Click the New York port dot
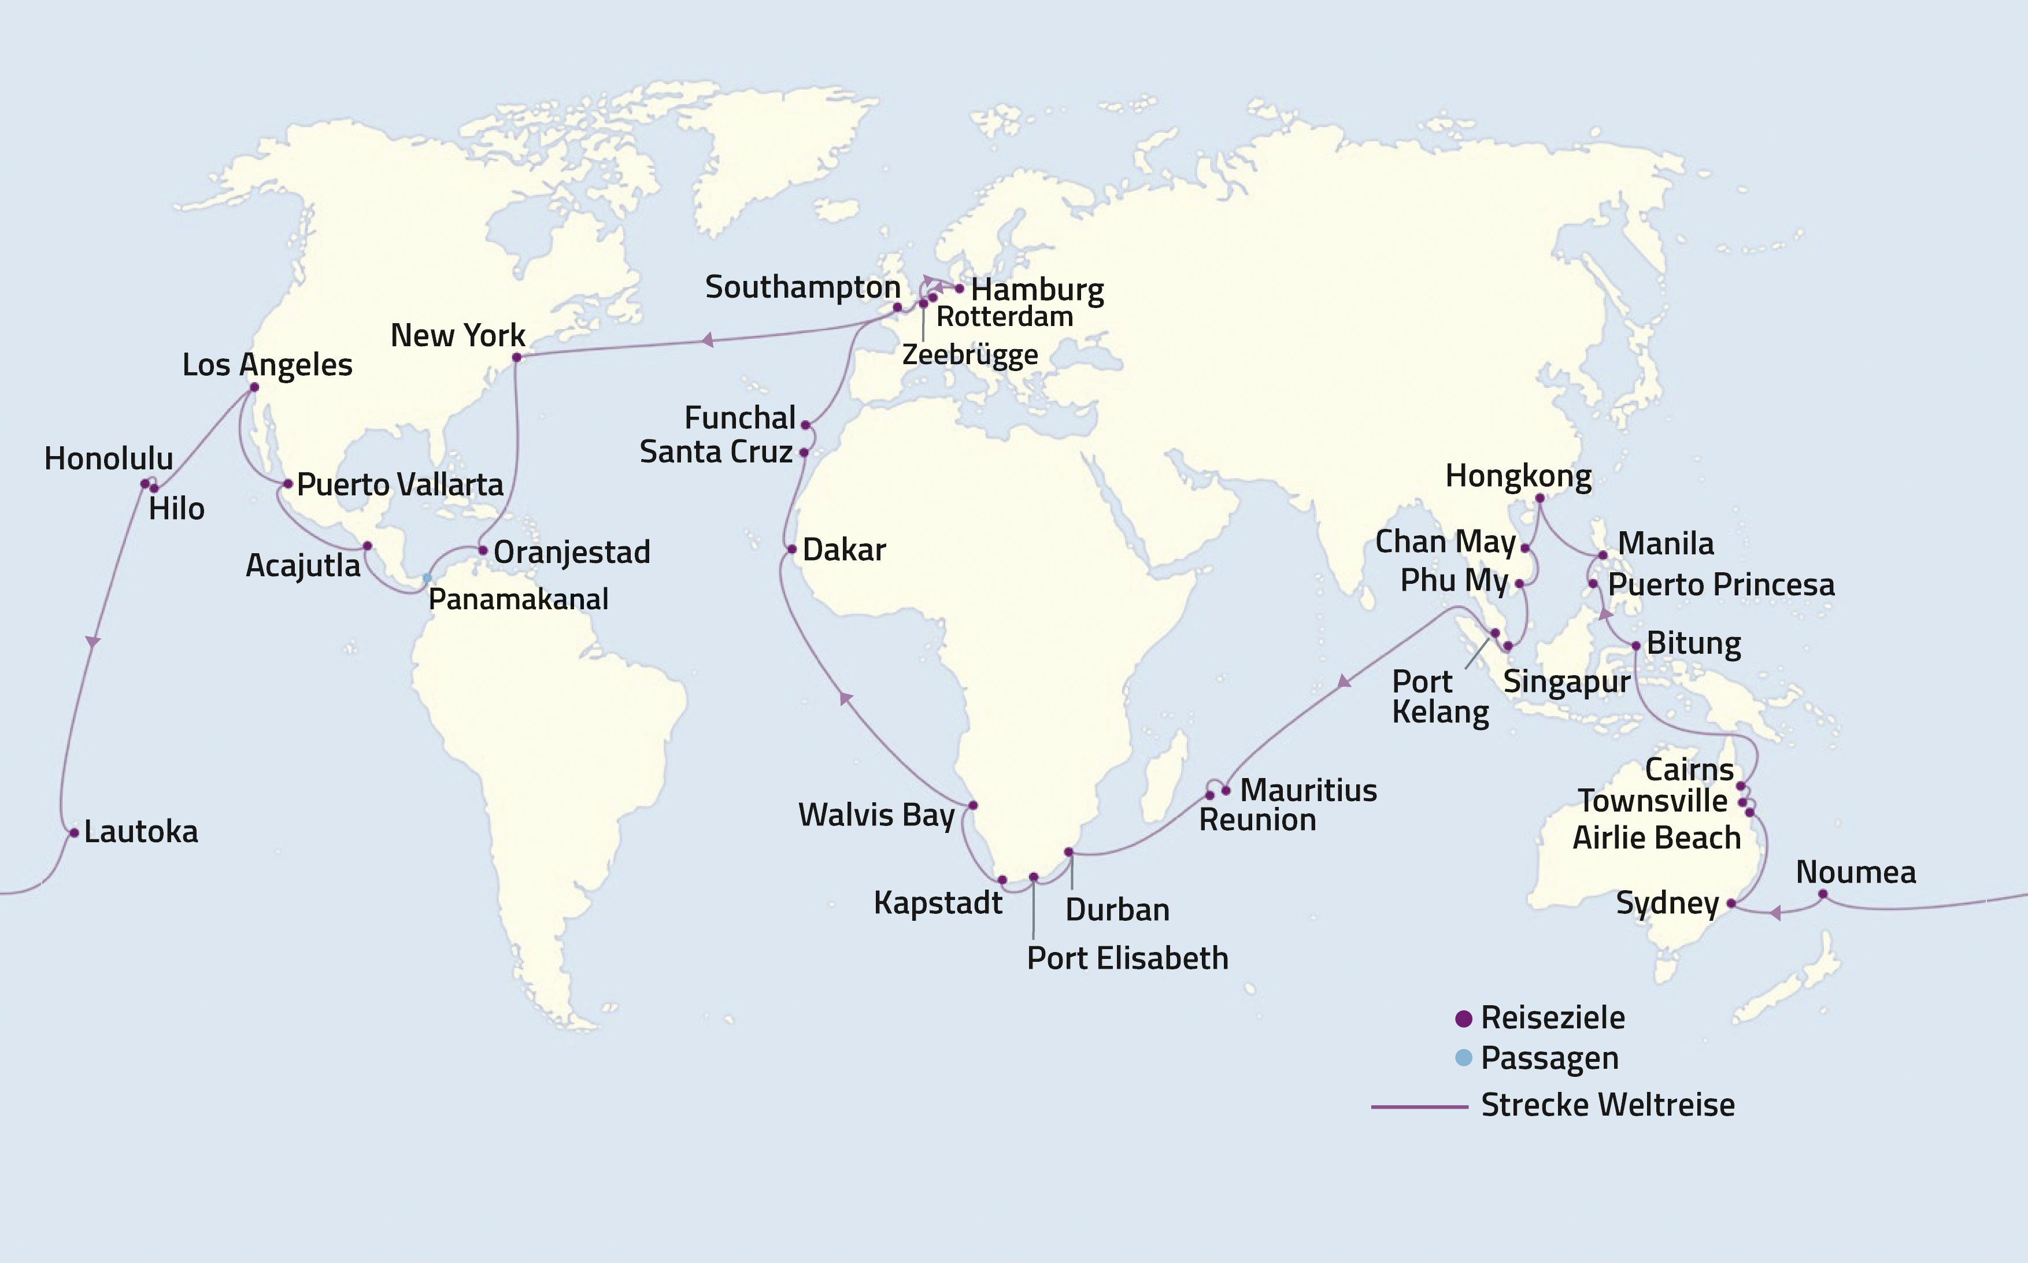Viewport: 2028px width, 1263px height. [x=516, y=358]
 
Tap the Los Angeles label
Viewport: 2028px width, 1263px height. [x=267, y=365]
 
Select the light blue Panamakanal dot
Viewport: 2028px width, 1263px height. [x=427, y=578]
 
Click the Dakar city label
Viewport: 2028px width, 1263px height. [x=843, y=550]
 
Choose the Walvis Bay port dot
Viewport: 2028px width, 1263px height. [x=972, y=805]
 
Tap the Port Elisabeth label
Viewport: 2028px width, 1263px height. [x=1127, y=958]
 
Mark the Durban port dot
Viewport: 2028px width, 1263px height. [x=1068, y=852]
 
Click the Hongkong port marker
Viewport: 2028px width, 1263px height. [x=1539, y=498]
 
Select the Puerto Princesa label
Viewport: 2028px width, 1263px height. [x=1720, y=585]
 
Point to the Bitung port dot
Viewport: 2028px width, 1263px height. [x=1635, y=646]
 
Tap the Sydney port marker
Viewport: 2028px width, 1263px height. [x=1731, y=903]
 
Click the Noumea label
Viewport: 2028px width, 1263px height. [x=1856, y=872]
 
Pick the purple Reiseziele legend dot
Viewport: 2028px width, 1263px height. [x=1463, y=1018]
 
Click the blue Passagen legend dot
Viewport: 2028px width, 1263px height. [x=1463, y=1058]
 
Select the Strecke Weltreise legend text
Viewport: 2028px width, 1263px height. [x=1607, y=1105]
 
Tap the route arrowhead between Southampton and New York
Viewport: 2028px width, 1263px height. [x=708, y=340]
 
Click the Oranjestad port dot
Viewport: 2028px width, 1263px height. [x=483, y=550]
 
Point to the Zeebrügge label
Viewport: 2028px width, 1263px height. [x=969, y=354]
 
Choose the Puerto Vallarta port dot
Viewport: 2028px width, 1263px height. [x=287, y=484]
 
